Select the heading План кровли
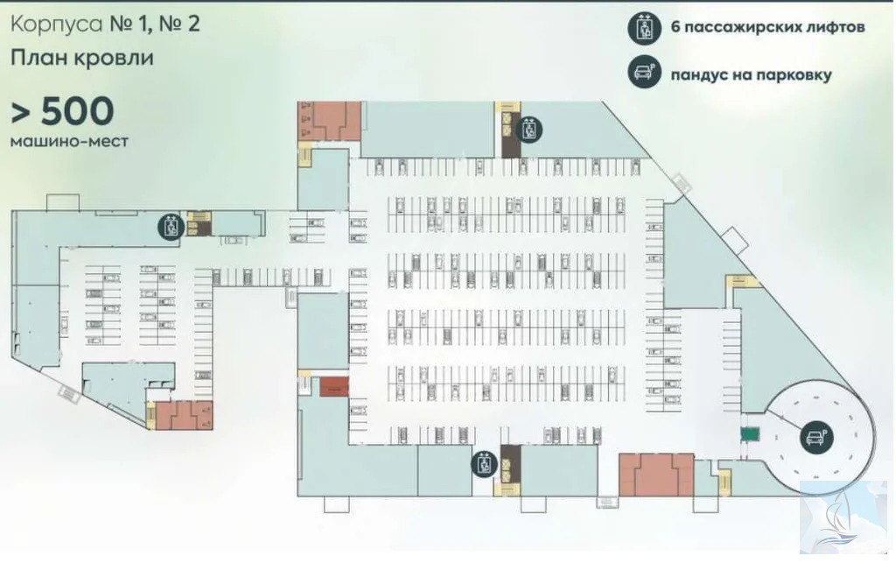pos(83,59)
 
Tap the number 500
pos(73,112)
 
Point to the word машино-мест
pos(69,140)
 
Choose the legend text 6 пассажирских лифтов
pos(767,28)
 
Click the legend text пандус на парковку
pos(751,74)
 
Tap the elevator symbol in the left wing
pos(171,226)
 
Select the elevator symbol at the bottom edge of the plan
pos(484,464)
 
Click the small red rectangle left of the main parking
pos(333,384)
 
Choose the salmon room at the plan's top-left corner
pos(330,120)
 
